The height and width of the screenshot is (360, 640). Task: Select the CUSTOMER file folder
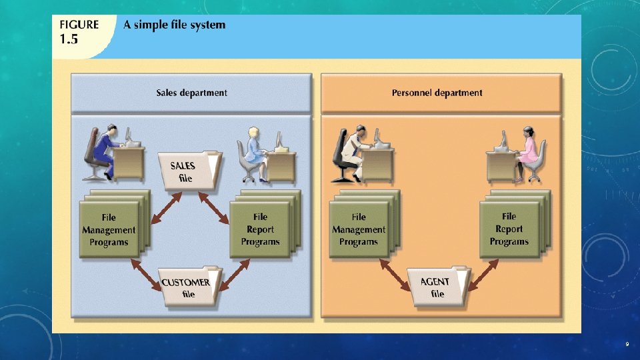click(x=189, y=287)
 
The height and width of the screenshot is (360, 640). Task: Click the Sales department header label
click(x=192, y=93)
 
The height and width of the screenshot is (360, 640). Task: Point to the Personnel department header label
click(x=437, y=93)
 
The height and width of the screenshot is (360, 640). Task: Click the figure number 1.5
click(x=69, y=39)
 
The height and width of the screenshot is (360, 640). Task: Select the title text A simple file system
click(x=175, y=25)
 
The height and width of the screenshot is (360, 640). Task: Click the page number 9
click(x=627, y=344)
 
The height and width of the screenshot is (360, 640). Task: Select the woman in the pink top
click(x=527, y=151)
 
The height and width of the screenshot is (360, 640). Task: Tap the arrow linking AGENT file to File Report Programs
click(x=483, y=275)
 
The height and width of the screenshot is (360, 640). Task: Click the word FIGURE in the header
click(x=78, y=25)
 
